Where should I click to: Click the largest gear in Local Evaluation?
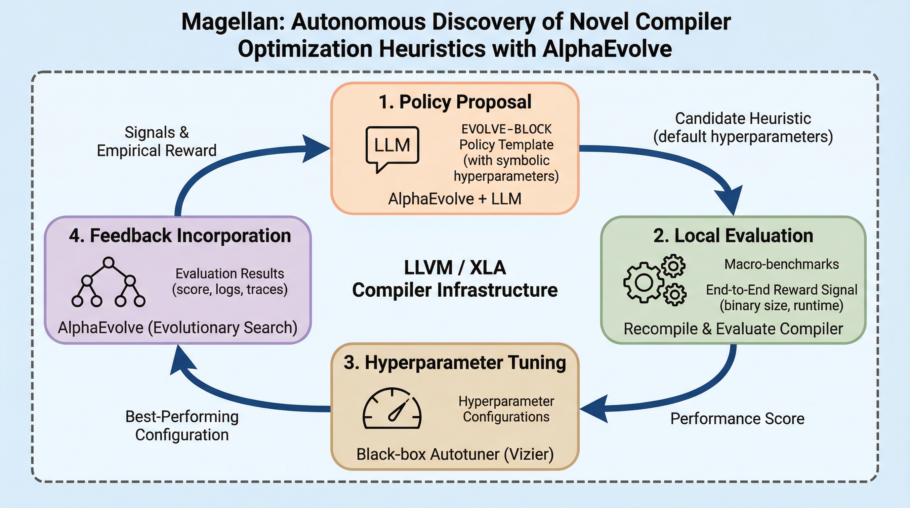[643, 283]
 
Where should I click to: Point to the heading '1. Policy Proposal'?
[455, 102]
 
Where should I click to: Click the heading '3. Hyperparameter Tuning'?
[455, 363]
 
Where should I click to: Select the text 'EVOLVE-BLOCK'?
[506, 129]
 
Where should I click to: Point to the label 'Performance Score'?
[737, 419]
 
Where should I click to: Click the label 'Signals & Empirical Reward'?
[156, 142]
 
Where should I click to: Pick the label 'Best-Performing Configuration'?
[182, 426]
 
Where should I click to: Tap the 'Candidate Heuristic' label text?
[743, 119]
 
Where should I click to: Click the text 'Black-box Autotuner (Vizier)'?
[455, 454]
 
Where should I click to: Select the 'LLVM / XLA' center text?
[455, 268]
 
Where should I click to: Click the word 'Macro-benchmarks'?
[781, 264]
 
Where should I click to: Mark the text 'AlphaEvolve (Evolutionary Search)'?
[178, 328]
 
